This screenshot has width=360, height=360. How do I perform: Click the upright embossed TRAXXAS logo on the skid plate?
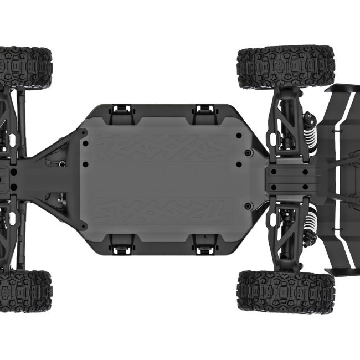(x=161, y=148)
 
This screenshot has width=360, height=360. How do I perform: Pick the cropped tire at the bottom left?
(x=25, y=291)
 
